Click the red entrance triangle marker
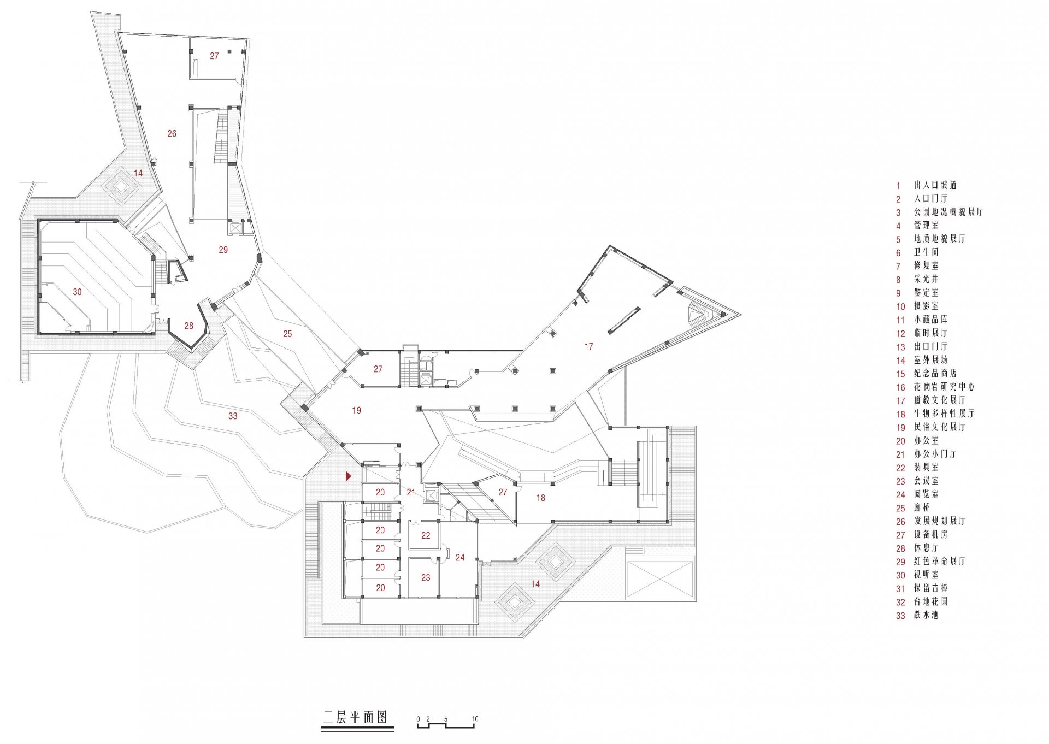coord(349,476)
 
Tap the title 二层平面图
coord(355,717)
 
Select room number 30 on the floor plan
coord(78,292)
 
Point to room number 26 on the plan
coord(172,133)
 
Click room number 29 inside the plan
coord(223,250)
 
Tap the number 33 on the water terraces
coord(233,416)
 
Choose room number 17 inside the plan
coord(588,346)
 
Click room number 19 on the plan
coord(356,410)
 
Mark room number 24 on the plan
coord(460,558)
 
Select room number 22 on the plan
coord(426,536)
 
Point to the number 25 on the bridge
coord(287,334)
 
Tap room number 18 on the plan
coord(540,498)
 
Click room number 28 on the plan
coord(188,326)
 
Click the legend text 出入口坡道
coord(935,185)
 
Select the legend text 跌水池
coord(926,615)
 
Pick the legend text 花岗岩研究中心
coord(944,387)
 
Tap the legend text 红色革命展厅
coord(940,562)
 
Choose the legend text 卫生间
coord(926,252)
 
